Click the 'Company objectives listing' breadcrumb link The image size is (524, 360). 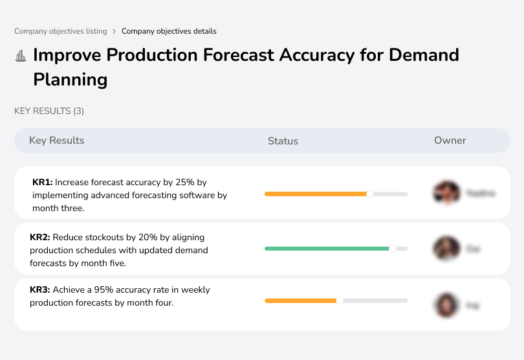(61, 31)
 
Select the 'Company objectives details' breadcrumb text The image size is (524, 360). (169, 31)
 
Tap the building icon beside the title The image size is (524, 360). (21, 56)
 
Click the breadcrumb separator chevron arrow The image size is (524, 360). (115, 31)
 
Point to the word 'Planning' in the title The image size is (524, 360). (70, 80)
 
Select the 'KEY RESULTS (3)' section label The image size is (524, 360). (49, 111)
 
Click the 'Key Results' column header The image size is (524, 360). (57, 141)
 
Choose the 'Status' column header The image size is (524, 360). (283, 141)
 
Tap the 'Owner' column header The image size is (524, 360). (450, 141)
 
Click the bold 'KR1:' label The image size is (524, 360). (42, 183)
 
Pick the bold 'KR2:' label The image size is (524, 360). (40, 238)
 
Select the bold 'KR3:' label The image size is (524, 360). (40, 290)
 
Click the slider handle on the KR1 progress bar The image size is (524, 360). (370, 194)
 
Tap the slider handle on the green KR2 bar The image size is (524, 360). (392, 248)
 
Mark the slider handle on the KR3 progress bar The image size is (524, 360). (340, 300)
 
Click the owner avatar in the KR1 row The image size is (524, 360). (447, 193)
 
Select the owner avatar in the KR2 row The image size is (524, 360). (447, 249)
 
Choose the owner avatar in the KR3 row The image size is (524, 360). (447, 305)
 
